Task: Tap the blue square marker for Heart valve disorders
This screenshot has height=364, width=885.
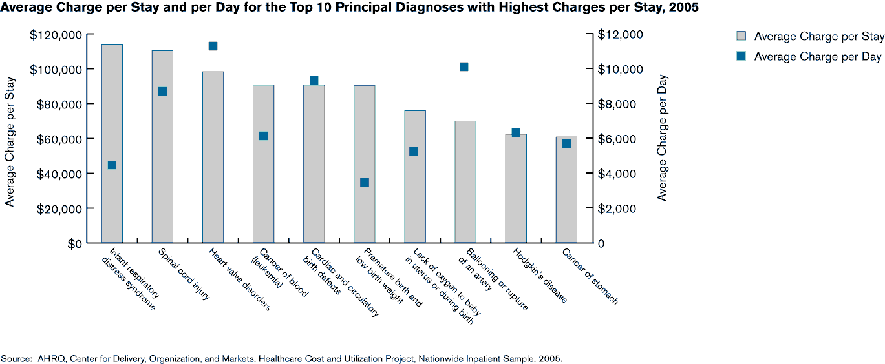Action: click(213, 46)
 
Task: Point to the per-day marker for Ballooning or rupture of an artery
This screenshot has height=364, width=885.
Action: click(464, 66)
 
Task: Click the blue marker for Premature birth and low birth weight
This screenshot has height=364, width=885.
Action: click(364, 182)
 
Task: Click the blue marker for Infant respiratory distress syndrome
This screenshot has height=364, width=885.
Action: click(112, 165)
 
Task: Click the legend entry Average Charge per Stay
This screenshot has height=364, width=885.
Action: click(818, 36)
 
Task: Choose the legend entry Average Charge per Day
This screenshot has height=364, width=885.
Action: click(817, 57)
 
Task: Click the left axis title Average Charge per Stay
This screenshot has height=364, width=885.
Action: click(10, 139)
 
